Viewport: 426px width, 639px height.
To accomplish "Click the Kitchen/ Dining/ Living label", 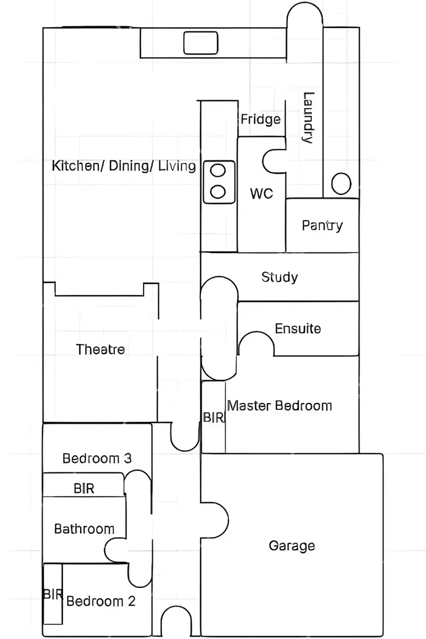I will [124, 166].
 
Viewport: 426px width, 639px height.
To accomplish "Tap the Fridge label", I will [261, 119].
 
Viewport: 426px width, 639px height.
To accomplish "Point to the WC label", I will [261, 194].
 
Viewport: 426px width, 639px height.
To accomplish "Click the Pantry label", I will [322, 225].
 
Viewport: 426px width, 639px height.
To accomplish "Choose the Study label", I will [279, 277].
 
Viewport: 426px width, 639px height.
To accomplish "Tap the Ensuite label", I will [298, 329].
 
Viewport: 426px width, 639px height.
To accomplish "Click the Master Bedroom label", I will [279, 406].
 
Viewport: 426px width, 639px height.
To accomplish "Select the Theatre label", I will [101, 349].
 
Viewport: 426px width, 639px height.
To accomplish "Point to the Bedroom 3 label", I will [97, 458].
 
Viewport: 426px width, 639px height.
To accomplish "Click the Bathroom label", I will [84, 529].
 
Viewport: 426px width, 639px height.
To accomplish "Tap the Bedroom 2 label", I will [101, 601].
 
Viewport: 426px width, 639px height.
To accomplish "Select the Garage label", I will [291, 546].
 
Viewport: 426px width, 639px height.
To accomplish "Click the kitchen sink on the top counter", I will [201, 42].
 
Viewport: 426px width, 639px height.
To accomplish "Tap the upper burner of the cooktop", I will [219, 170].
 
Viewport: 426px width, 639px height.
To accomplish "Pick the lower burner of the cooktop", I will [219, 190].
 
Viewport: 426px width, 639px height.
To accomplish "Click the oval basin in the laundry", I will [341, 184].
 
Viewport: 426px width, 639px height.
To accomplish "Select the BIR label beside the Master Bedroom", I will [214, 418].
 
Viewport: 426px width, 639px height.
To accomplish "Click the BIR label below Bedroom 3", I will [84, 488].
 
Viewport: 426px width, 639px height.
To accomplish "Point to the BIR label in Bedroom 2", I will [52, 594].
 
